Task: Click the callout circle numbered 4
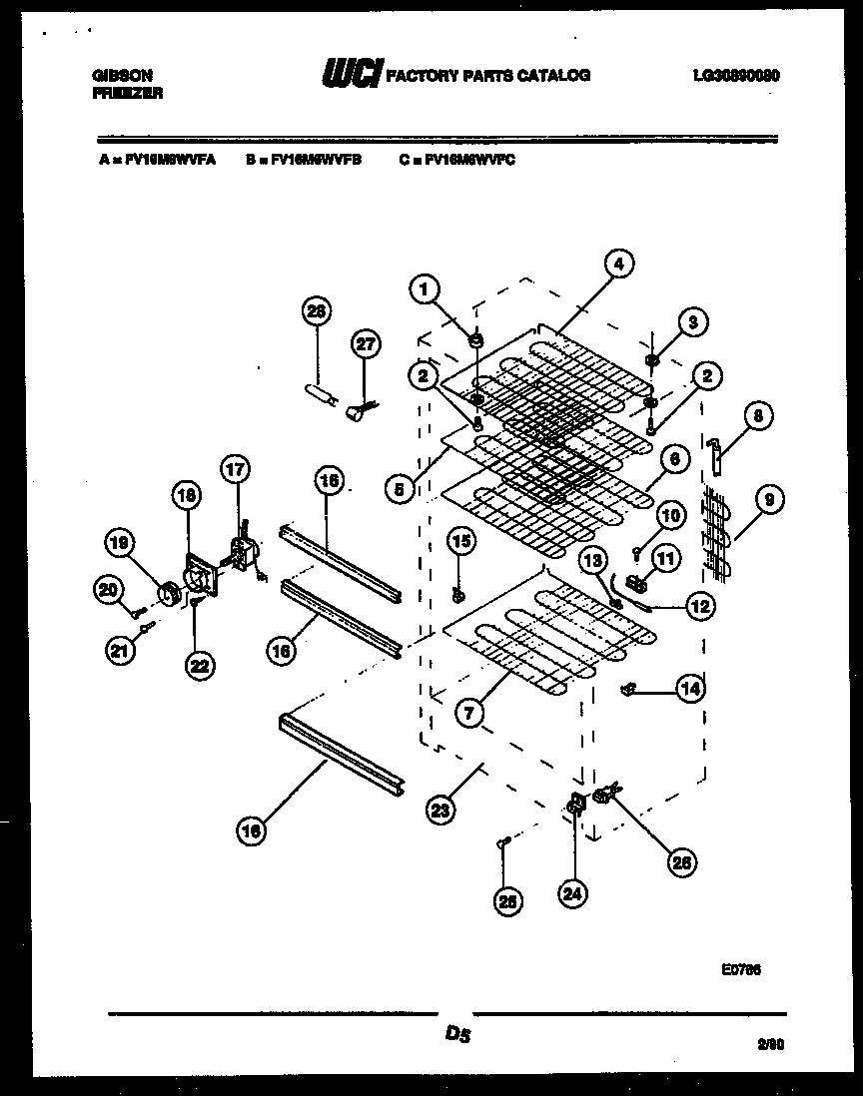[618, 265]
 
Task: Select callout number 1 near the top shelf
[425, 289]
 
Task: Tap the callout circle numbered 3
[691, 321]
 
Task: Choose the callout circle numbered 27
[367, 344]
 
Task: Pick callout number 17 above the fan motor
[236, 468]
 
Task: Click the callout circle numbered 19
[120, 544]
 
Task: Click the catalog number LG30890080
[735, 75]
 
